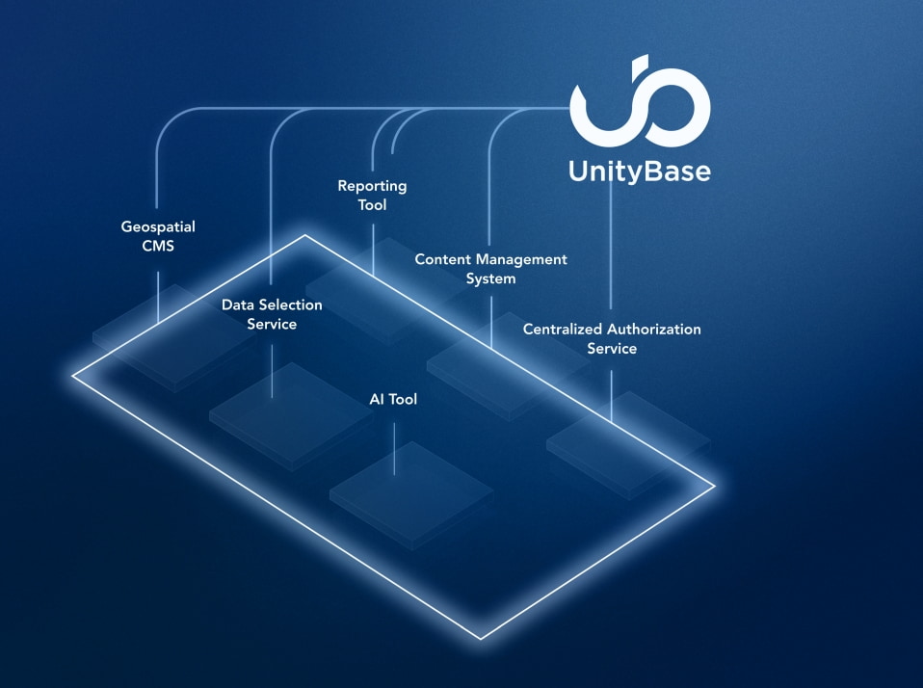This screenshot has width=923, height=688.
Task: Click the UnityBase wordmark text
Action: [x=639, y=172]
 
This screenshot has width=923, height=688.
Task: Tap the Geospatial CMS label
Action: [x=158, y=236]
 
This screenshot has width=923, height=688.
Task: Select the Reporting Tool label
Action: [x=372, y=195]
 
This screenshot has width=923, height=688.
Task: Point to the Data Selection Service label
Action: [x=272, y=314]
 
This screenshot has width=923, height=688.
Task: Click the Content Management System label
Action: [x=490, y=269]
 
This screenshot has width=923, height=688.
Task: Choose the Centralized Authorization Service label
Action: [x=612, y=338]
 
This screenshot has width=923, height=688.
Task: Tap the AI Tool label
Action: [x=393, y=399]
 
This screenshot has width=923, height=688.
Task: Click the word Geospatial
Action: [x=158, y=227]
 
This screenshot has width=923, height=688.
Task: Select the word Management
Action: [x=522, y=259]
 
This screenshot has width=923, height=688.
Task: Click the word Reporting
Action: [x=372, y=185]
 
